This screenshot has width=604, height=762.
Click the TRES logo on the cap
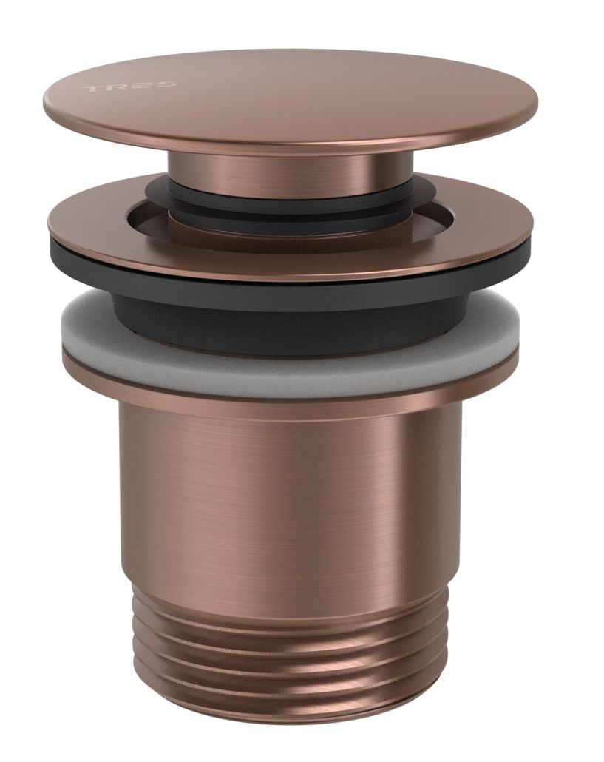coord(130,87)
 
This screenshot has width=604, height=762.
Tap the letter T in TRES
coord(92,89)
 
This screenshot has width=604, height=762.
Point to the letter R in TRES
coord(117,87)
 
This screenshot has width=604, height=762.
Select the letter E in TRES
coord(141,85)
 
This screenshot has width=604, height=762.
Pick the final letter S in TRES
coord(166,84)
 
